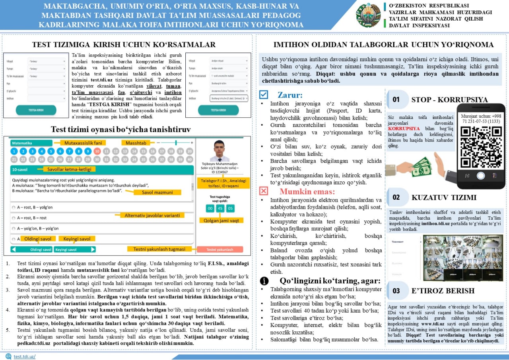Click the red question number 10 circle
pyautogui.click(x=97, y=151)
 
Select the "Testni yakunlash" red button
pyautogui.click(x=220, y=249)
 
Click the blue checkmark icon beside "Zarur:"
pyautogui.click(x=264, y=95)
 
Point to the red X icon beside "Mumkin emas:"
pyautogui.click(x=264, y=191)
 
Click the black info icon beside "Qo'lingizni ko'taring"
pyautogui.click(x=264, y=280)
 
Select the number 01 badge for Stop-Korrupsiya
pyautogui.click(x=396, y=100)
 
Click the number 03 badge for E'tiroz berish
pyautogui.click(x=396, y=291)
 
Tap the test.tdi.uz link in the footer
pyautogui.click(x=24, y=356)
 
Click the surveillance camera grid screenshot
pyautogui.click(x=462, y=258)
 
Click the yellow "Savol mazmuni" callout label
pyautogui.click(x=156, y=192)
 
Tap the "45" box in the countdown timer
pyautogui.click(x=220, y=208)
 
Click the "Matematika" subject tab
pyautogui.click(x=31, y=142)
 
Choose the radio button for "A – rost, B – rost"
pyautogui.click(x=14, y=218)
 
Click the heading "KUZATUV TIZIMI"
pyautogui.click(x=444, y=198)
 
